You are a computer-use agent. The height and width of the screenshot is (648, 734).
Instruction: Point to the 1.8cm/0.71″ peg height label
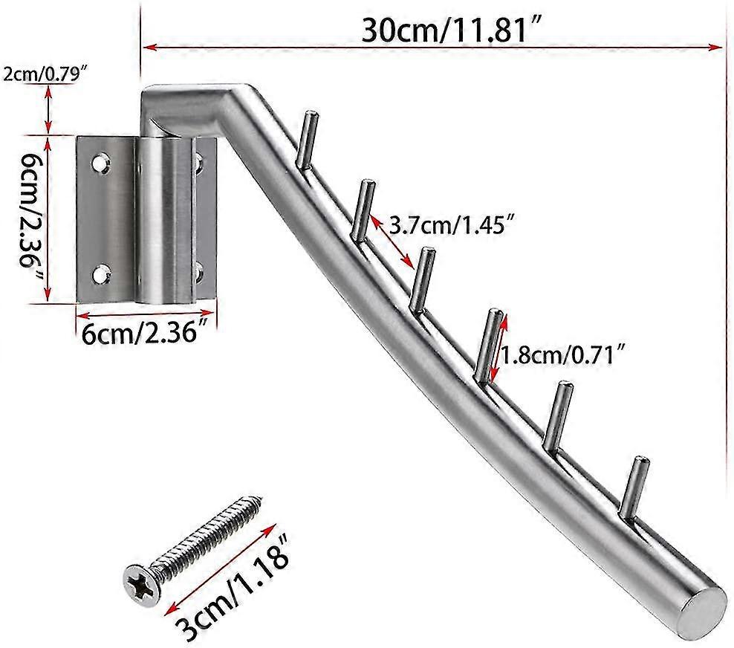pyautogui.click(x=561, y=356)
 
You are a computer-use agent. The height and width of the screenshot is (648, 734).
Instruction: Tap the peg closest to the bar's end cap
pyautogui.click(x=633, y=490)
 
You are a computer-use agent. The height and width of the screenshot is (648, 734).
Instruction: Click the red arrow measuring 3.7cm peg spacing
pyautogui.click(x=392, y=241)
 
